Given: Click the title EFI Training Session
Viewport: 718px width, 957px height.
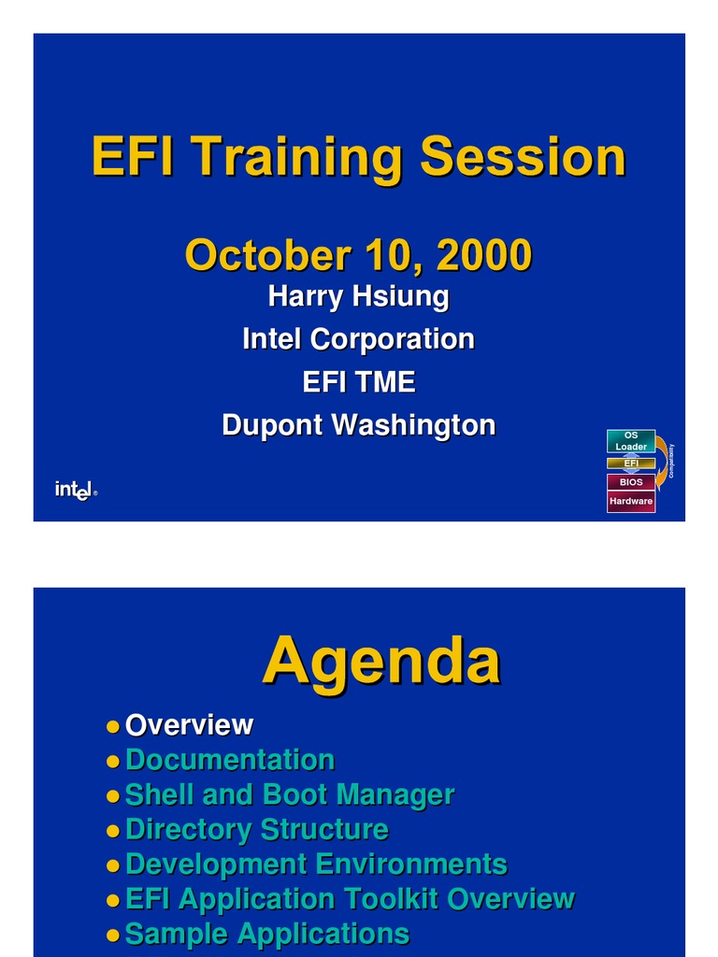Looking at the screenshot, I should tap(358, 157).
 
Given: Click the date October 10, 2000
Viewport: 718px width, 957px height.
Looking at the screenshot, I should tap(358, 255).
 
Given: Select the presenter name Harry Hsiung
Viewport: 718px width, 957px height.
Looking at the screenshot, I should tap(358, 297).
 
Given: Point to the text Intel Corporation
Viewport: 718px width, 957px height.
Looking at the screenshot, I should tap(358, 339).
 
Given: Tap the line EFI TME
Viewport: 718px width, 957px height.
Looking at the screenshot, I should tap(358, 382).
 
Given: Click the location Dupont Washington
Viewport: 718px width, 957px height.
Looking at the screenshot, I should tap(358, 425).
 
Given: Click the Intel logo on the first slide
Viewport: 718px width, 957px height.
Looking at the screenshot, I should tap(75, 490).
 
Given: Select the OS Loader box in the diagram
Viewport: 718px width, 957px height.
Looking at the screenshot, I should tap(631, 441).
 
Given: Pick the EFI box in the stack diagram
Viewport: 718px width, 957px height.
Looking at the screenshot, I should tap(631, 464).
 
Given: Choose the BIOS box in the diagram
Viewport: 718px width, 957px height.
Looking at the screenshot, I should tap(631, 482).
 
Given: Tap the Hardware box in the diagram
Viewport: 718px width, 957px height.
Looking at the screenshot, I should tap(631, 502).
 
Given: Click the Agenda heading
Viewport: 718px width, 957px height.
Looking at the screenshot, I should tap(381, 661).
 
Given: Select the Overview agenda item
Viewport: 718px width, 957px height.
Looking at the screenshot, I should tap(189, 725).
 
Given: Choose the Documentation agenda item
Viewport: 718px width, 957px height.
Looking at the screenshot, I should tap(229, 760).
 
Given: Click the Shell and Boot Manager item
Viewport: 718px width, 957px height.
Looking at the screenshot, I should tap(289, 794).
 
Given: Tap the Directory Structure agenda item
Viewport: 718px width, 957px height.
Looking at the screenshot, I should tap(256, 829).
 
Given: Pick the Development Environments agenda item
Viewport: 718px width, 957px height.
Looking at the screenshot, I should tap(316, 864).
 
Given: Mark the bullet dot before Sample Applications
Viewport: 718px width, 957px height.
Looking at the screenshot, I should tap(113, 934).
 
